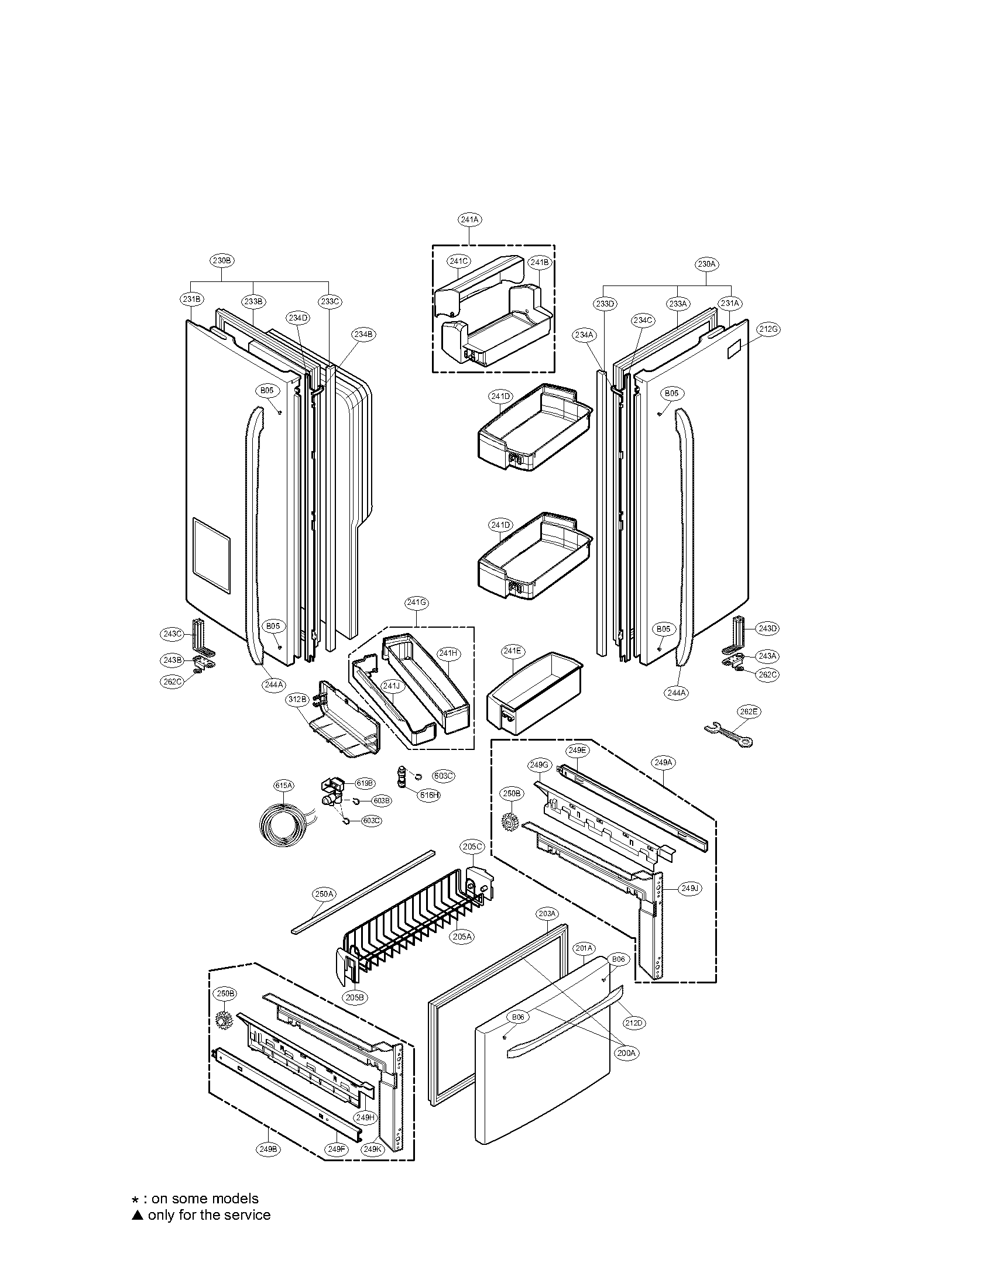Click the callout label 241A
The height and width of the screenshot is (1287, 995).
[x=469, y=219]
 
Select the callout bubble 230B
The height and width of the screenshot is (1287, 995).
[x=222, y=260]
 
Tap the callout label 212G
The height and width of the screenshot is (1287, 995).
[x=768, y=329]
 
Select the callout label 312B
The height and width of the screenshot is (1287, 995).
[x=298, y=700]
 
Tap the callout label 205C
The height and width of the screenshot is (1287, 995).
[x=472, y=847]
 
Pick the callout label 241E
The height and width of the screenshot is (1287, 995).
[x=512, y=651]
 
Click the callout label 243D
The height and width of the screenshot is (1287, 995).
[x=767, y=629]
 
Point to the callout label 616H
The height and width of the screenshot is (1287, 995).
[x=429, y=795]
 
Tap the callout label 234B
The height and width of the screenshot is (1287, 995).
[x=363, y=334]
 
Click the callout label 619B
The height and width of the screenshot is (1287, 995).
[x=364, y=783]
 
